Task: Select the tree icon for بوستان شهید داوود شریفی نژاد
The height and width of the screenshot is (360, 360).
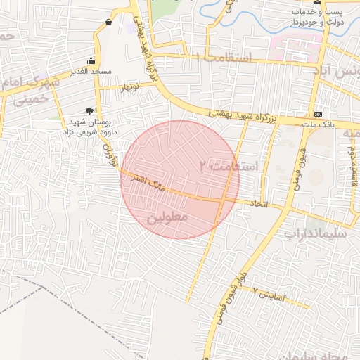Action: [x=89, y=110]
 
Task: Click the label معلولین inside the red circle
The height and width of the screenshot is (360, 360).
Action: [x=167, y=219]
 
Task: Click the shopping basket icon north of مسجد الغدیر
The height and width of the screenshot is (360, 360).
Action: [x=108, y=22]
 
